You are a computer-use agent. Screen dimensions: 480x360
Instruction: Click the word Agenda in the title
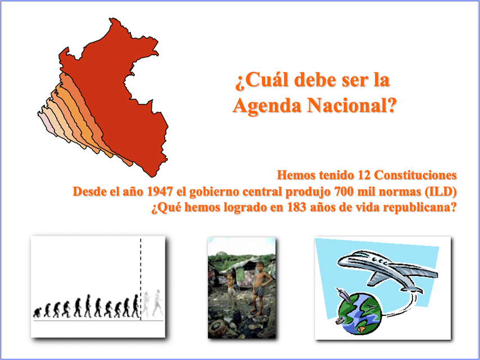point(266,106)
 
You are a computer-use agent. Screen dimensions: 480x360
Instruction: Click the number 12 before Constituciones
point(364,175)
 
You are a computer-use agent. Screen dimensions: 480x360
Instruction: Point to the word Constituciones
point(415,175)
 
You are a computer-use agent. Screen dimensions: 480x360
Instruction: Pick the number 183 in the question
point(297,208)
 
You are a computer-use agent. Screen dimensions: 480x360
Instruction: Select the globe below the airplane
point(360,313)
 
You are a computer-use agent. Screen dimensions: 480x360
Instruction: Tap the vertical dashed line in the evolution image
point(141,279)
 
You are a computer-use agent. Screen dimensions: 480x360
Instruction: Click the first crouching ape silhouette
point(37,312)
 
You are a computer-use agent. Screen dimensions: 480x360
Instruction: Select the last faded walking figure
point(157,303)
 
